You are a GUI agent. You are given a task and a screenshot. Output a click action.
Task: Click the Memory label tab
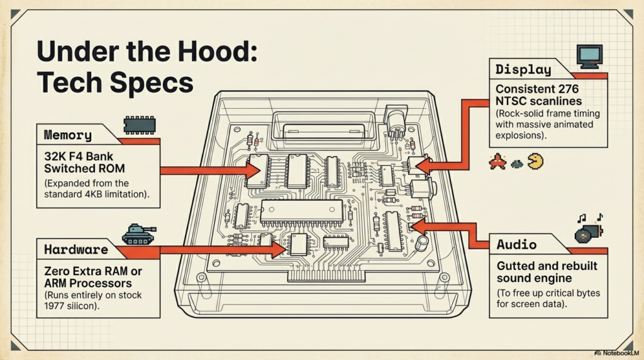[x=68, y=135]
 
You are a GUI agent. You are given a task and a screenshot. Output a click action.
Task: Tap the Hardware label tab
[x=75, y=250]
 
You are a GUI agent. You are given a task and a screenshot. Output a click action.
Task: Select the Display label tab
[x=523, y=70]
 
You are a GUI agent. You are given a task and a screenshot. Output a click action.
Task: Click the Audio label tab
[x=516, y=245]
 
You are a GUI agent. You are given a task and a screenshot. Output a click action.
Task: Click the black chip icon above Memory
[x=139, y=125]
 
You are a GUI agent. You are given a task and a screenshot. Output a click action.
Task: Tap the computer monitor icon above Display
[x=590, y=56]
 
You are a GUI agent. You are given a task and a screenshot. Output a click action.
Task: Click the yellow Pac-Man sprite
[x=535, y=162]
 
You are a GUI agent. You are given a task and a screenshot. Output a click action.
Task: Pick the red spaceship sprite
[x=497, y=162]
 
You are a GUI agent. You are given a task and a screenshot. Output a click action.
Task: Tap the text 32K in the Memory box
[x=57, y=156]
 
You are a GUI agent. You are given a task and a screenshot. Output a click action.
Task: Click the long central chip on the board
[x=302, y=213]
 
